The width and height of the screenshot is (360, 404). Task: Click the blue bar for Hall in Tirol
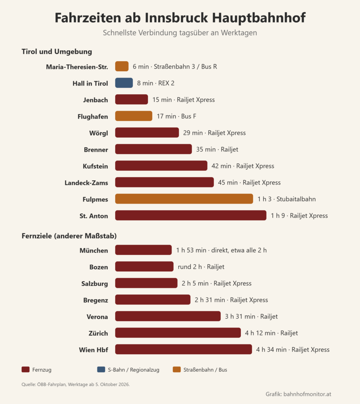point(124,83)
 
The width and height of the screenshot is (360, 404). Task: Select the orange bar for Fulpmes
point(184,199)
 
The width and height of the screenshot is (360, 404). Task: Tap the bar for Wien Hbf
point(184,350)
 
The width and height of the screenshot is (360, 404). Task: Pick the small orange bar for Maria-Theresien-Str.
point(122,66)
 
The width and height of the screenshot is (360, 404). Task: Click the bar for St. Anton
point(191,215)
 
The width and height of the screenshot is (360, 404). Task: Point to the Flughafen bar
point(134,116)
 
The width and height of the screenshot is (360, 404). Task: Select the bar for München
point(144,250)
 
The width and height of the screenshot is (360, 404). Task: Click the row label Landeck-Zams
point(86,183)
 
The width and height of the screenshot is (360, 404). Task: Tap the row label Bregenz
point(95,300)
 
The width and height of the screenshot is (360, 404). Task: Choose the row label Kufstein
point(95,166)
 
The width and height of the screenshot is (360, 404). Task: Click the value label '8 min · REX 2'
point(156,83)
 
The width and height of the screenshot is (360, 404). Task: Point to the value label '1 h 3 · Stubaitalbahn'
point(287,199)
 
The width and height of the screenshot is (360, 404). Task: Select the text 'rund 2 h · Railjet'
point(201,267)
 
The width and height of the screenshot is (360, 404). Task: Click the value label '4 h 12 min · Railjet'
point(271,333)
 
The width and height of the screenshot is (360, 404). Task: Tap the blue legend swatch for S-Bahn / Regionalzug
point(101,369)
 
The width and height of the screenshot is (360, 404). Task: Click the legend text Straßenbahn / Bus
point(205,370)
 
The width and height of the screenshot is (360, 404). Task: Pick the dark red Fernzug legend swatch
point(26,369)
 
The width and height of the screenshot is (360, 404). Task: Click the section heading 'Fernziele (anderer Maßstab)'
point(69,236)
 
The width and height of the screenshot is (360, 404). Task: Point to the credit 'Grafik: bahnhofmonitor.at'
point(298,394)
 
